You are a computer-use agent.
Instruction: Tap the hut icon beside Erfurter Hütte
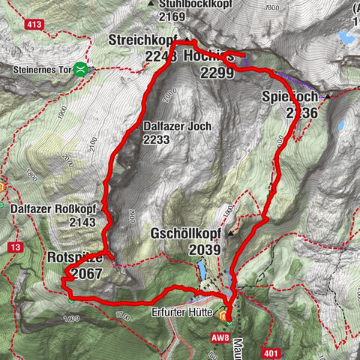point(222,316)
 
